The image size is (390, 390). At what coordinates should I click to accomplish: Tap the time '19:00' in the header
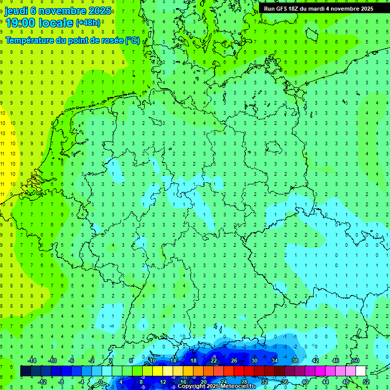point(21,23)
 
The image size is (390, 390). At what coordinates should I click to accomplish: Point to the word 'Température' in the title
point(29,41)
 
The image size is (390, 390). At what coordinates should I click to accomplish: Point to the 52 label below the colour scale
point(366,382)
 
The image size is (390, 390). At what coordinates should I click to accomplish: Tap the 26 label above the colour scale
point(234,361)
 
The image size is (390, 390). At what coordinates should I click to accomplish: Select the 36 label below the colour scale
point(285,382)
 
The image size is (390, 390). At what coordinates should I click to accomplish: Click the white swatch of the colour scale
point(361,371)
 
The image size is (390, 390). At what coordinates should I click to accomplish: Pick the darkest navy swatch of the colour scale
point(25,371)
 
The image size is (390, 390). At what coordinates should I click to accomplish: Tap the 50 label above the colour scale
point(356,361)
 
